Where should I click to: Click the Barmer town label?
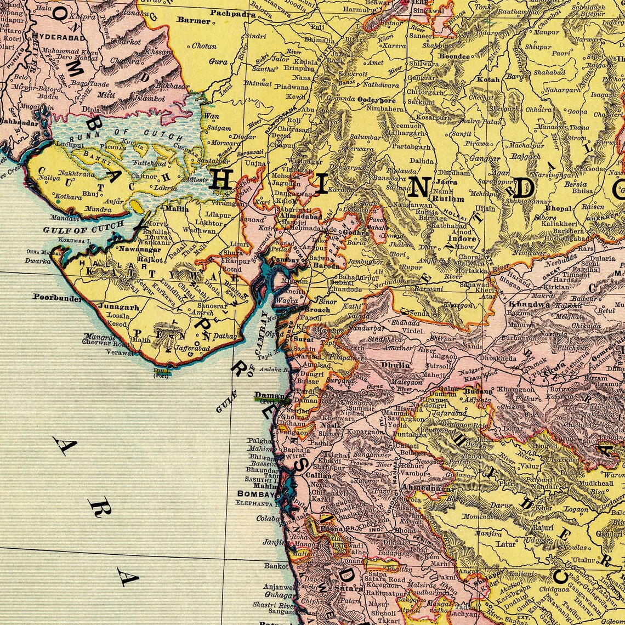tap(194, 20)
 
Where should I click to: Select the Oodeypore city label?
tap(376, 100)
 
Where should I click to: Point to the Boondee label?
tap(454, 56)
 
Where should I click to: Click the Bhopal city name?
tap(558, 209)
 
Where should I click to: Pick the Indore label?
tap(462, 239)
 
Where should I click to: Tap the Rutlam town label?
tap(448, 199)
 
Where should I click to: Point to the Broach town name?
tap(317, 310)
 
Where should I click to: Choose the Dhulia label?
tap(395, 365)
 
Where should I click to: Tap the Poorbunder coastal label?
tap(57, 298)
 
